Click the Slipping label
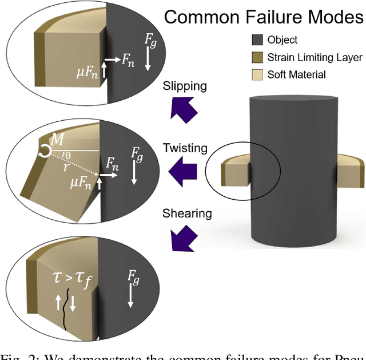[x=185, y=86]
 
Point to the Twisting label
[x=185, y=148]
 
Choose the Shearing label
[x=187, y=213]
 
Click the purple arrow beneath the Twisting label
[x=184, y=169]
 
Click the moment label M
[x=57, y=139]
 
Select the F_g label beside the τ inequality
[x=133, y=281]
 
